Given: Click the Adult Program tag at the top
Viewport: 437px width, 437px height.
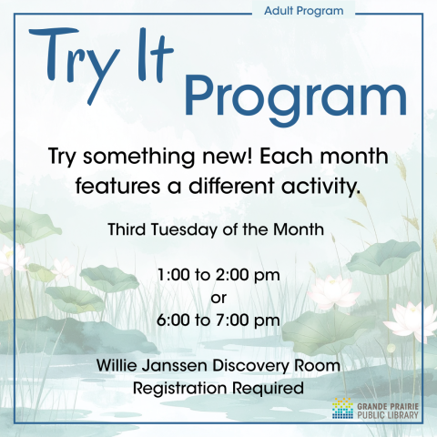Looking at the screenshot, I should point(303,12).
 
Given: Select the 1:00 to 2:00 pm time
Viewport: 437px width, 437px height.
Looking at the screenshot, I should point(218,274).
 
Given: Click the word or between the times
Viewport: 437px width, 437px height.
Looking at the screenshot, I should point(218,297).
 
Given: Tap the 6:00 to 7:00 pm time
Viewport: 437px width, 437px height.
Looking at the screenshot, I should point(218,320).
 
